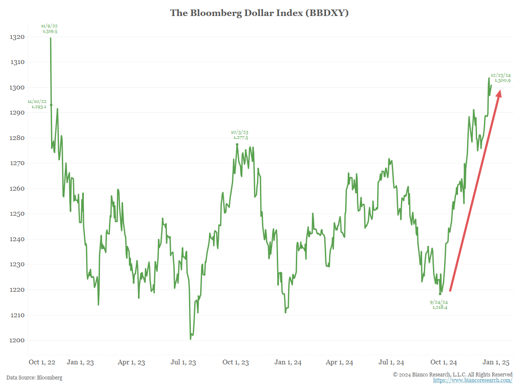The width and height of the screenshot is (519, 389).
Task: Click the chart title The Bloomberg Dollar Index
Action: [x=259, y=13]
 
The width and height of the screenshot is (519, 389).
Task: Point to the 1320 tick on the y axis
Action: [x=17, y=37]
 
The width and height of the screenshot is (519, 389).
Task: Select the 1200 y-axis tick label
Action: [x=17, y=341]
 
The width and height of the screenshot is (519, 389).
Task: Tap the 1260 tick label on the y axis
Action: [x=17, y=189]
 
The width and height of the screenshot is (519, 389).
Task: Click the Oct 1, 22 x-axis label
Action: [x=42, y=362]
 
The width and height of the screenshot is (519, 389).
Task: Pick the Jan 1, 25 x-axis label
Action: [x=497, y=362]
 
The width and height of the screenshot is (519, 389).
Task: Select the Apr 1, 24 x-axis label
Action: [x=339, y=362]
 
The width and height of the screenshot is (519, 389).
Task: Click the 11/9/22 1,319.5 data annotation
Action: [x=50, y=29]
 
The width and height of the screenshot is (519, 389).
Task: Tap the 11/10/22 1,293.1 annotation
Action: [x=37, y=104]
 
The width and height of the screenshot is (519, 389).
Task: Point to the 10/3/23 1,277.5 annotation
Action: [x=240, y=135]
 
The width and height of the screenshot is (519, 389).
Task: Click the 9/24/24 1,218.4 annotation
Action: [x=439, y=304]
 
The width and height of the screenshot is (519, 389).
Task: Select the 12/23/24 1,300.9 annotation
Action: [x=501, y=78]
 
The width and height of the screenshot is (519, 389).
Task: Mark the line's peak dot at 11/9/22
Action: [x=51, y=38]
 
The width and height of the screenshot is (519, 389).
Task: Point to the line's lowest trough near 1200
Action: [x=191, y=339]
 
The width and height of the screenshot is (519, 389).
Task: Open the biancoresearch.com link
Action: [x=473, y=380]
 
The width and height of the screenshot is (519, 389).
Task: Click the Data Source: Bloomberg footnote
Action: [x=34, y=378]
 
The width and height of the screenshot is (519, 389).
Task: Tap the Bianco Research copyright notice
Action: [x=452, y=374]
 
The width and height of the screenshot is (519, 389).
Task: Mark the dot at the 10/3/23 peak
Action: [x=237, y=144]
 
